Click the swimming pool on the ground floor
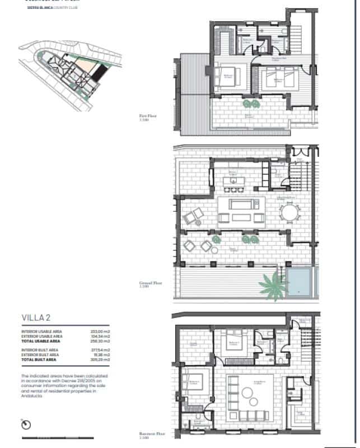click(299, 281)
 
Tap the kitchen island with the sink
click(231, 180)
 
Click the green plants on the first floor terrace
click(250, 104)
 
